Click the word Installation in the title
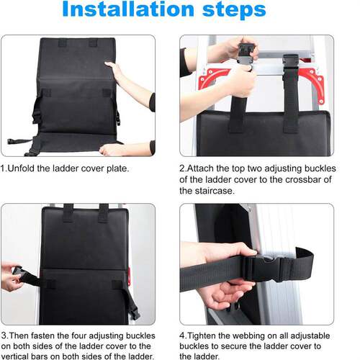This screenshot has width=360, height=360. (x=128, y=9)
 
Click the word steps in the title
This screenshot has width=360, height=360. (x=234, y=10)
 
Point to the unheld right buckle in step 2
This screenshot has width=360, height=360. (x=291, y=65)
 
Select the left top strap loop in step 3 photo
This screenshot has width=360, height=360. (x=68, y=212)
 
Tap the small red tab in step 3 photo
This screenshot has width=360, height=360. (x=129, y=276)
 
